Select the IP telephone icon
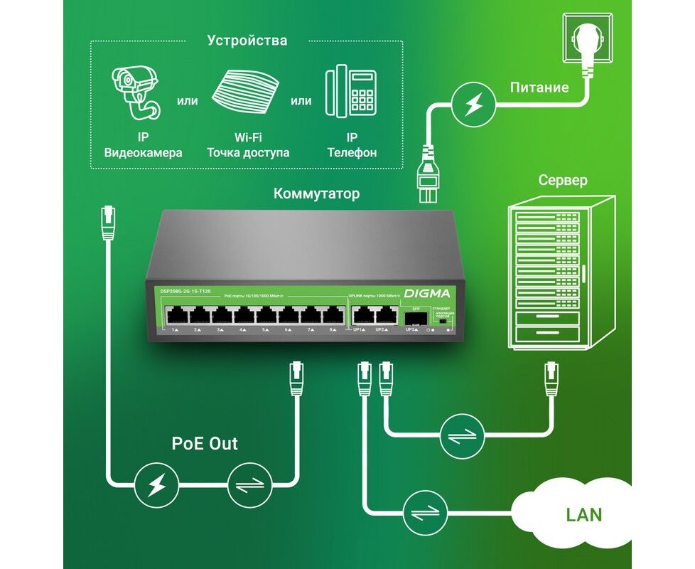[350, 92]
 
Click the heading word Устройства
[247, 41]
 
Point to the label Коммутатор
[317, 193]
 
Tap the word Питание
[539, 87]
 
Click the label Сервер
[563, 180]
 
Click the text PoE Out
[205, 444]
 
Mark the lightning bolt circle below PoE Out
[157, 486]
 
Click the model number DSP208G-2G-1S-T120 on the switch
[185, 292]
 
